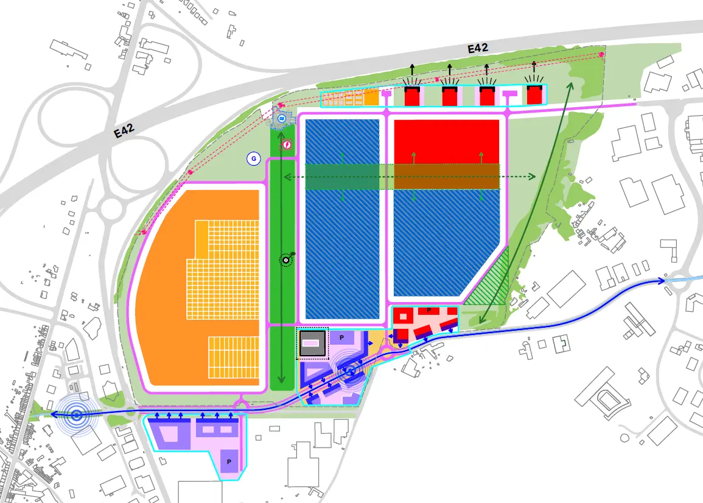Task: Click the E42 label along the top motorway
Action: (477, 49)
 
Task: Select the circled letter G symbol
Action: (253, 159)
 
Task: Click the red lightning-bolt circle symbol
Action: (286, 145)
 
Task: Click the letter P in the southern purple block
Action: (229, 462)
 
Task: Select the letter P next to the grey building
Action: (342, 337)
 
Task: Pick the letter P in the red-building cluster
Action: (428, 311)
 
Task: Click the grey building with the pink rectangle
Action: (312, 343)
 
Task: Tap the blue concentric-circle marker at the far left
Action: (77, 416)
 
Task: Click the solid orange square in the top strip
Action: (371, 97)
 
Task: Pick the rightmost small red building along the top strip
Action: (534, 96)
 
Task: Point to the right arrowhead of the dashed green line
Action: (533, 177)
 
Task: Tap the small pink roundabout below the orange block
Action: (240, 405)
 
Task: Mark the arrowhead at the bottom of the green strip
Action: (282, 380)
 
